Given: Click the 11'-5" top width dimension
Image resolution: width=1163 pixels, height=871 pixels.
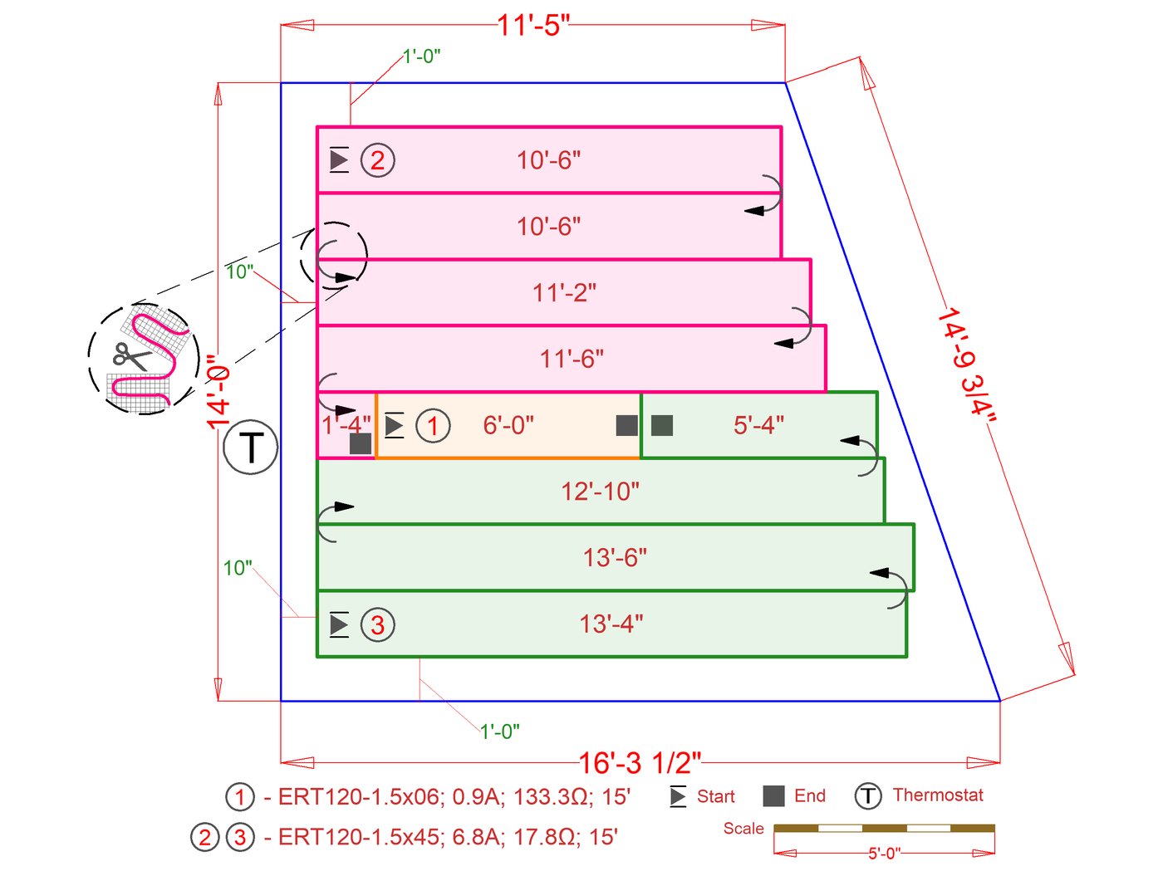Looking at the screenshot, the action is pos(533,25).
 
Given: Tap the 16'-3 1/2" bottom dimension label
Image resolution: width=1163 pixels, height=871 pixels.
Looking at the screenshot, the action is pos(640,763).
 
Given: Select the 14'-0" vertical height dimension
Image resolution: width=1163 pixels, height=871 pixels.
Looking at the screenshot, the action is pos(218,391).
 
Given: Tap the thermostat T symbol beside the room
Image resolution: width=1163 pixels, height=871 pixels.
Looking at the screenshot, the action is pos(251,447).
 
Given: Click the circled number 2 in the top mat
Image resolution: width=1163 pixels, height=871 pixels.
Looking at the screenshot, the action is pos(377,160).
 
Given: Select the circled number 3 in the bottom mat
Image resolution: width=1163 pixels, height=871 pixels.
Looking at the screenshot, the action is pos(377,624).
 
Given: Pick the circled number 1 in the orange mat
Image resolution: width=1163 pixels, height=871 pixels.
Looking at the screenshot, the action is pos(433,426).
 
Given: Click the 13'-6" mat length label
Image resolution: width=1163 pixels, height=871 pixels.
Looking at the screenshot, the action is pos(615,558).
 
